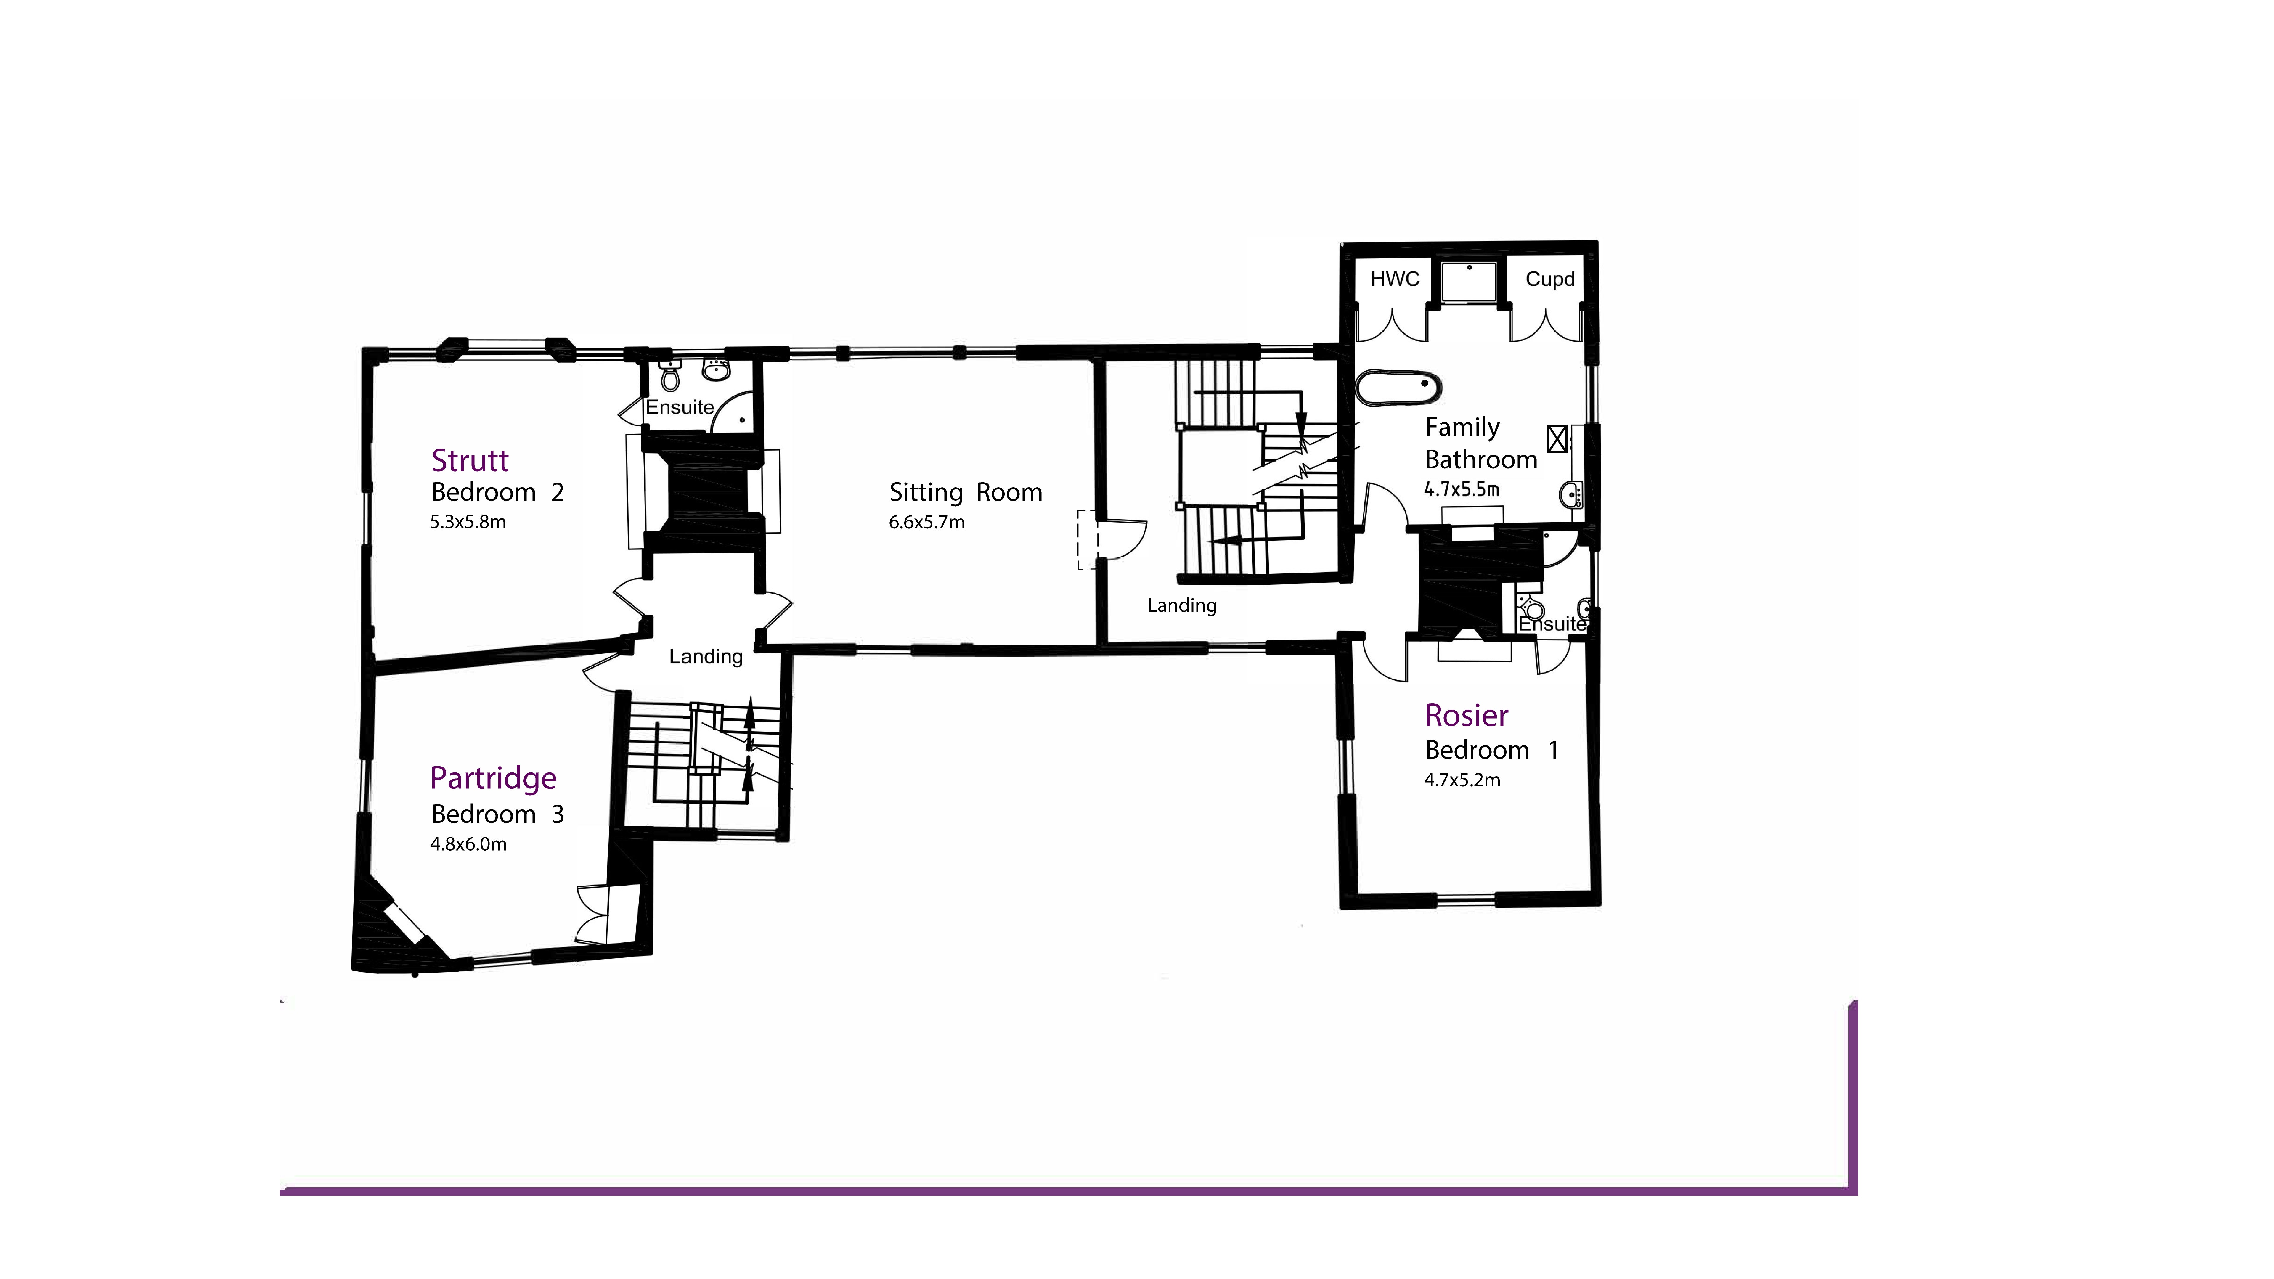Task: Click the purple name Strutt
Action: click(470, 461)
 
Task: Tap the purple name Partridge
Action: click(493, 779)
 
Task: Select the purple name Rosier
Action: click(1466, 716)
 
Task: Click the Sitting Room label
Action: click(965, 493)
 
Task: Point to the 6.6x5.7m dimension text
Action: click(926, 523)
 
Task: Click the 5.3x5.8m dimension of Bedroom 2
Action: click(468, 523)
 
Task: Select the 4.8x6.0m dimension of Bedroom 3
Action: click(468, 845)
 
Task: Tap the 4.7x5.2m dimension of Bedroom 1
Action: click(1462, 780)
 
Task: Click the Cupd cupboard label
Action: click(1549, 280)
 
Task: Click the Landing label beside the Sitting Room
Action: click(1181, 605)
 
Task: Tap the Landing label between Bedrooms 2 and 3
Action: click(705, 657)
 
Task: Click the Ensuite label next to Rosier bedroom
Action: click(1552, 624)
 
